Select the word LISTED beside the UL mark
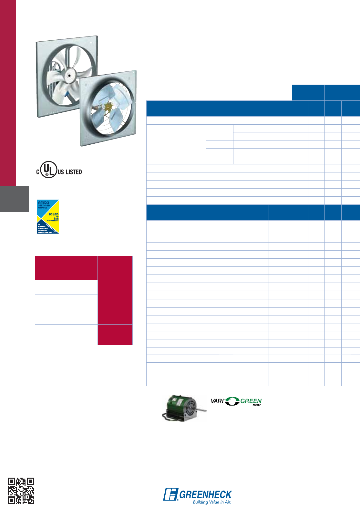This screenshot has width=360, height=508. coord(74,172)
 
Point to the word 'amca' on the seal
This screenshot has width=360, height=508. coord(43,202)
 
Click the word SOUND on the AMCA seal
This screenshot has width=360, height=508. coord(54,214)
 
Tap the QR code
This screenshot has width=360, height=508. coord(21,490)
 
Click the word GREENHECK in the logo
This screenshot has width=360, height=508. coord(205,494)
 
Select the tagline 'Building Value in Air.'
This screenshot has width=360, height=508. coord(212,502)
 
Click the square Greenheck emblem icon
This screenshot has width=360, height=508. coord(170,494)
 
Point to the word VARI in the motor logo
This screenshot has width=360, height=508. coord(217,401)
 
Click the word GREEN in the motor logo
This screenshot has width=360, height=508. coord(251,401)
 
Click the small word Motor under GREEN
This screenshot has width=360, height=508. coord(257,405)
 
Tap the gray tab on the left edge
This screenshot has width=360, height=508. coord(15,199)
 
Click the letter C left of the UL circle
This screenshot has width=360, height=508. coord(38,172)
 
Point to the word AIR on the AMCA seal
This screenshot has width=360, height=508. coord(57,219)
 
